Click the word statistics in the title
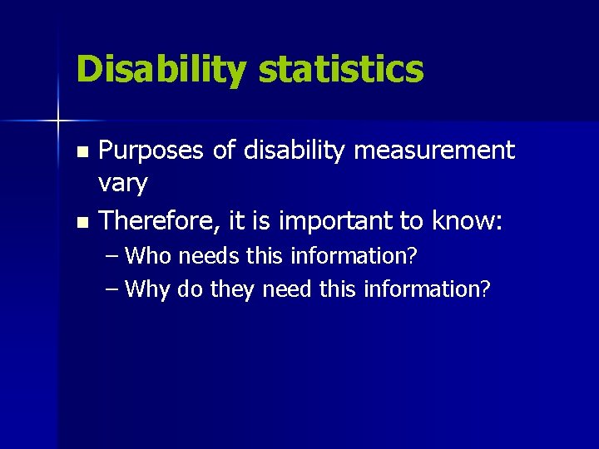[341, 70]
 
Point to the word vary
[123, 184]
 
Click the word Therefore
[158, 221]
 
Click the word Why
[148, 289]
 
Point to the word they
[233, 289]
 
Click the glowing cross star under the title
[58, 121]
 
